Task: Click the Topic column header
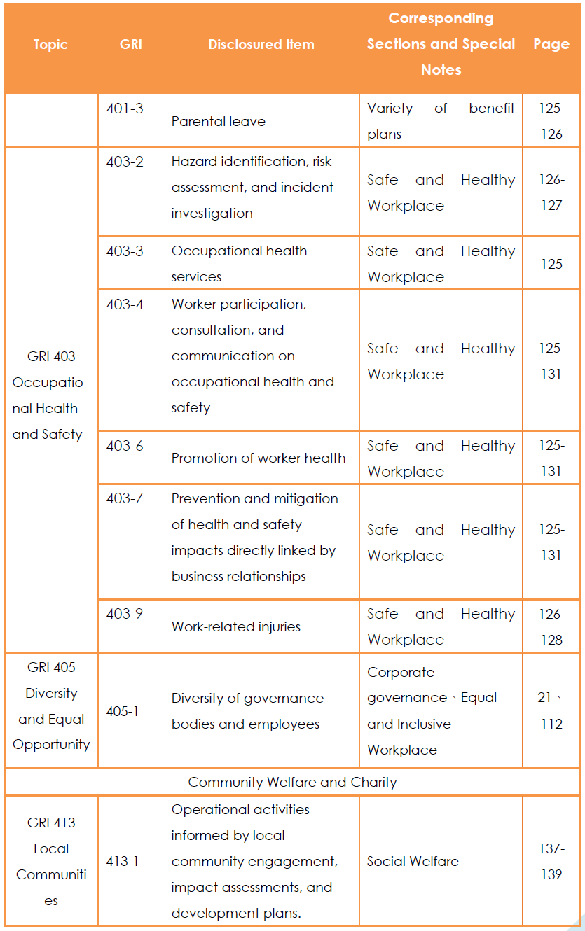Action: pos(50,45)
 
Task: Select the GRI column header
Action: pos(130,45)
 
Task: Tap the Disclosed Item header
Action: pos(261,45)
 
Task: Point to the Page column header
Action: pos(551,45)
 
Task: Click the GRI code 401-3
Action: pos(125,108)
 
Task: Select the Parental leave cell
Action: pos(219,121)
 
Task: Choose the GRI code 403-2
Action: pos(125,161)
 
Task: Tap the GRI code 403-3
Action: pos(125,251)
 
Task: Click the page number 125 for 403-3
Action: pos(551,264)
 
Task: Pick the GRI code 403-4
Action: pos(125,304)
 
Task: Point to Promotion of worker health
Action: pos(259,458)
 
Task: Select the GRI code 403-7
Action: pos(125,498)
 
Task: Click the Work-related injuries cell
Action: pos(236,626)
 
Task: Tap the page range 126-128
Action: pos(551,626)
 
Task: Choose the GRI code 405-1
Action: pos(122,711)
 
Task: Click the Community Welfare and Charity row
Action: pos(293,782)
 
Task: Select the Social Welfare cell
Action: pos(413,861)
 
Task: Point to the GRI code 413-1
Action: pos(122,861)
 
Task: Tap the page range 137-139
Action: pos(551,861)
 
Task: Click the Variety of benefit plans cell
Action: pos(441,121)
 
